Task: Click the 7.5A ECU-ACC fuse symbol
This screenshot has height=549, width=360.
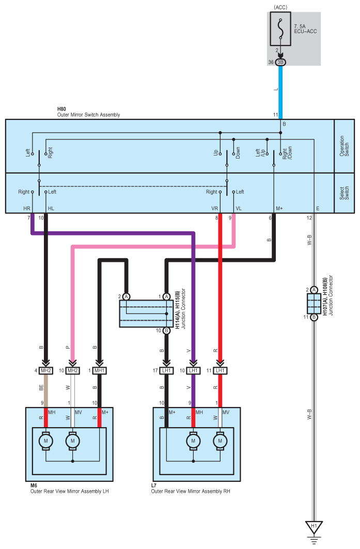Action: (x=280, y=29)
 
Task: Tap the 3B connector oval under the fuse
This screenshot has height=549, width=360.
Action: (x=280, y=62)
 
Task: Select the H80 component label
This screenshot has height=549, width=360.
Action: (x=61, y=109)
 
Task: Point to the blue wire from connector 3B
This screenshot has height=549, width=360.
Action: (x=280, y=92)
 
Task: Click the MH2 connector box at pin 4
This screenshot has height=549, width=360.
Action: (x=46, y=370)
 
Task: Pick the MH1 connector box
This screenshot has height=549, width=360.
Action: (x=100, y=370)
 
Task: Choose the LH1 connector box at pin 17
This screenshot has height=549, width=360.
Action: (x=166, y=370)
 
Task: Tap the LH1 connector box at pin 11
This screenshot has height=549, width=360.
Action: (x=220, y=370)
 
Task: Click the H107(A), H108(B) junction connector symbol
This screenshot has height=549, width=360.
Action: (x=314, y=303)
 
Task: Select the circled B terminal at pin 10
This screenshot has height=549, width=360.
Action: (x=166, y=331)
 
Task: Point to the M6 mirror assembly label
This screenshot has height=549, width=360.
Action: (x=34, y=485)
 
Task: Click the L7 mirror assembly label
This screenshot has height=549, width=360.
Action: (x=154, y=485)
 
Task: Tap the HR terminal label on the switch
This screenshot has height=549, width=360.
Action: (x=27, y=208)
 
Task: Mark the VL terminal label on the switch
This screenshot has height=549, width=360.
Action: (x=239, y=208)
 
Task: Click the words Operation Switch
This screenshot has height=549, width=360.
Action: (x=344, y=146)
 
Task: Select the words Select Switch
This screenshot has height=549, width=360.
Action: (x=344, y=193)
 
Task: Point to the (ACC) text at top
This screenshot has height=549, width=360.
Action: (x=280, y=7)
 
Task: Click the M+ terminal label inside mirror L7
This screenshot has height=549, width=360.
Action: (x=172, y=413)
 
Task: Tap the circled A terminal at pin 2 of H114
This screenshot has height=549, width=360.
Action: (x=127, y=296)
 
